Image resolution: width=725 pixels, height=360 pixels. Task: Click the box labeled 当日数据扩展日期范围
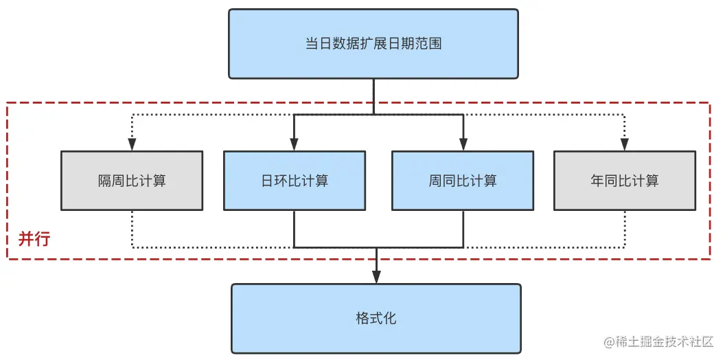(373, 44)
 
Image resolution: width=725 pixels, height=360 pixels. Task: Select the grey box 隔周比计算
(132, 181)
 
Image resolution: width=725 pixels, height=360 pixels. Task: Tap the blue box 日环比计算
(294, 181)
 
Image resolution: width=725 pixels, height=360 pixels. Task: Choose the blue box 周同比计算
(463, 181)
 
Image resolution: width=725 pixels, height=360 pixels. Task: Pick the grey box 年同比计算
(625, 181)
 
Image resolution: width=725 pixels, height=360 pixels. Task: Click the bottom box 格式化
(376, 319)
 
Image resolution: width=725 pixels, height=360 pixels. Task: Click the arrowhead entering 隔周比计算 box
(132, 145)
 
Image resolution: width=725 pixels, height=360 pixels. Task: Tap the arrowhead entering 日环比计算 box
(294, 145)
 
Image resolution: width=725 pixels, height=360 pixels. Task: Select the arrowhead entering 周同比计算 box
(463, 145)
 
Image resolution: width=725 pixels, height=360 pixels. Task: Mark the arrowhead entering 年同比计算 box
(625, 145)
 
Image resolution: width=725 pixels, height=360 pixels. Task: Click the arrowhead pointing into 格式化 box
(376, 277)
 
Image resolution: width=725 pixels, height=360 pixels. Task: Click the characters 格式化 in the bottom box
(376, 319)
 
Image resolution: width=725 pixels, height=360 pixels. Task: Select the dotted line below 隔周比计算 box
(132, 228)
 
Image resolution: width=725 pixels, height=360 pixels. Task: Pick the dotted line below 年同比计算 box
(625, 228)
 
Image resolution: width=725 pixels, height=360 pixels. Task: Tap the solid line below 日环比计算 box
(294, 228)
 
